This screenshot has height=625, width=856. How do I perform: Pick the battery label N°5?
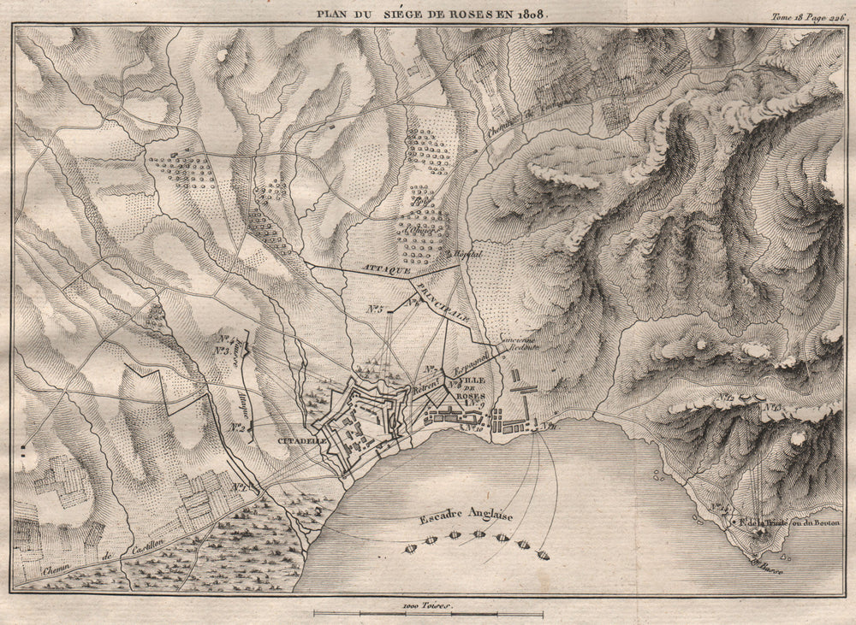point(374,309)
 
